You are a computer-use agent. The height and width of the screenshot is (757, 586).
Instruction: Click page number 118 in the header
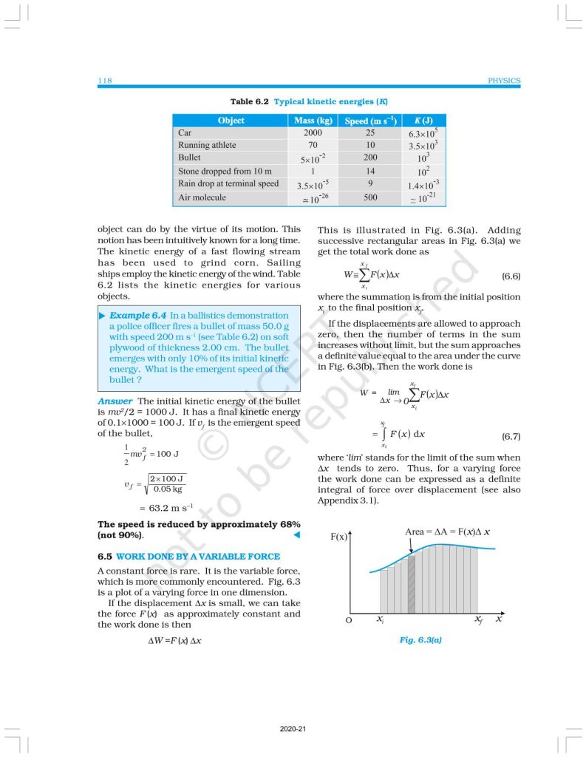[x=104, y=81]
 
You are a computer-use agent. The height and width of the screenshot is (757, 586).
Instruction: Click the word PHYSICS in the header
[x=505, y=81]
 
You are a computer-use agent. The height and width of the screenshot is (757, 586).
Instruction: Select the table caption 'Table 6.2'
[x=251, y=101]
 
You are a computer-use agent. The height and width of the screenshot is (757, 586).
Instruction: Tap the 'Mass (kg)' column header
[x=312, y=120]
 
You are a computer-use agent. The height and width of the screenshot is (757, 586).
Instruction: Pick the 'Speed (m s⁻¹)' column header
[x=370, y=120]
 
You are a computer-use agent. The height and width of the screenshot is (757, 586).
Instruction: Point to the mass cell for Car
[x=312, y=133]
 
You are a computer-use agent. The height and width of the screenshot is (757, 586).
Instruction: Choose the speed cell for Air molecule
[x=370, y=197]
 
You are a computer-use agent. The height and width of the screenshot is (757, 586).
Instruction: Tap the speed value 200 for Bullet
[x=370, y=157]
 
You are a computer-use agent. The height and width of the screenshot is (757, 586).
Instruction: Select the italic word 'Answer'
[x=115, y=401]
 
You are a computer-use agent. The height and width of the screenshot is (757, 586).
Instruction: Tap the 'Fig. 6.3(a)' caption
[x=420, y=639]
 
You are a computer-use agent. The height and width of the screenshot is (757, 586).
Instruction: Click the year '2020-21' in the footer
[x=293, y=729]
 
